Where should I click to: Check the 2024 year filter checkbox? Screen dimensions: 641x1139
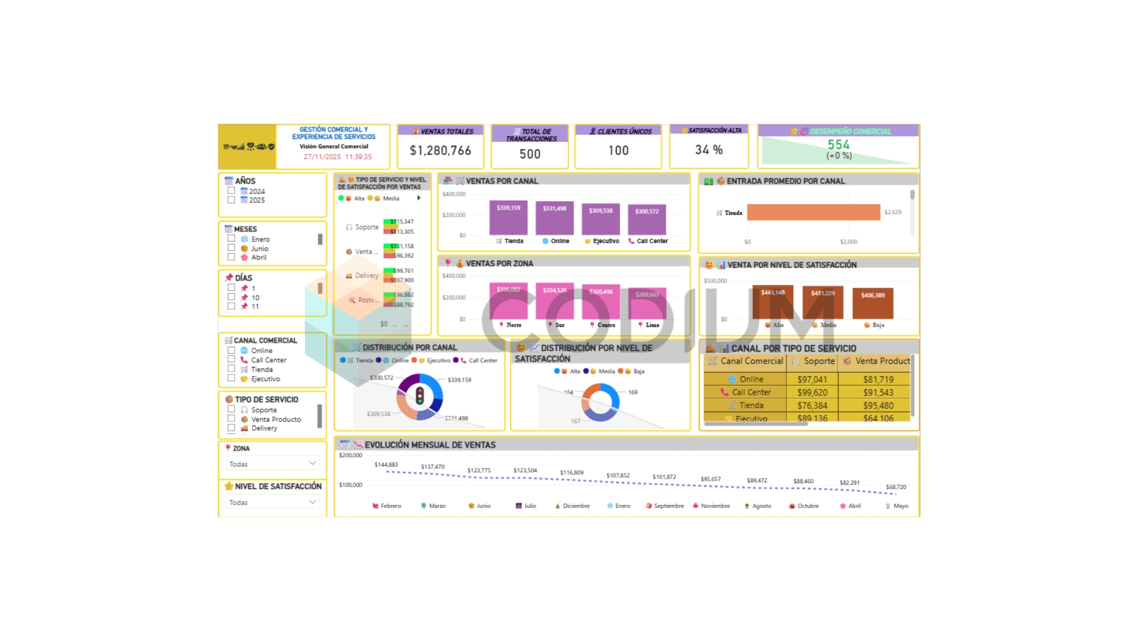[x=231, y=191]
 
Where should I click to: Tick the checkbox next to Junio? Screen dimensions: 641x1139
[x=231, y=248]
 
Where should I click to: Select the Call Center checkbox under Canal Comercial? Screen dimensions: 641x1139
[x=231, y=360]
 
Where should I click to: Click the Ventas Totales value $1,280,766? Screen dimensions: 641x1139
[x=440, y=151]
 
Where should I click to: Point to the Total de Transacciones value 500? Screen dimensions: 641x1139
[x=530, y=154]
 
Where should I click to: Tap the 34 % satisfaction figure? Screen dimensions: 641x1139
[x=709, y=150]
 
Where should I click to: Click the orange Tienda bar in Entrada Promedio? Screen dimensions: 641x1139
[x=813, y=212]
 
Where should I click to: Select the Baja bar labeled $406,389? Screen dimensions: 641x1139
[x=873, y=304]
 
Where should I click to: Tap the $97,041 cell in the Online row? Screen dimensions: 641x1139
[x=812, y=379]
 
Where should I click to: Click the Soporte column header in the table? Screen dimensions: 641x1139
[x=819, y=361]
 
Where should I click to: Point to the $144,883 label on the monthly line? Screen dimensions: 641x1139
[x=386, y=465]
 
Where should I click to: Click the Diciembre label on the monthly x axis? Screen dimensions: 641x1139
[x=576, y=506]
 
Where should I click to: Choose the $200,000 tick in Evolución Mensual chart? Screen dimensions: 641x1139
[x=351, y=455]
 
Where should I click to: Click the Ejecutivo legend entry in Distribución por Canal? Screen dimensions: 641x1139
[x=438, y=360]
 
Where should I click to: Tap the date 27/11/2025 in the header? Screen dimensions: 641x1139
[x=322, y=157]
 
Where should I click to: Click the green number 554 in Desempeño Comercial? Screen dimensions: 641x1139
[x=838, y=145]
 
